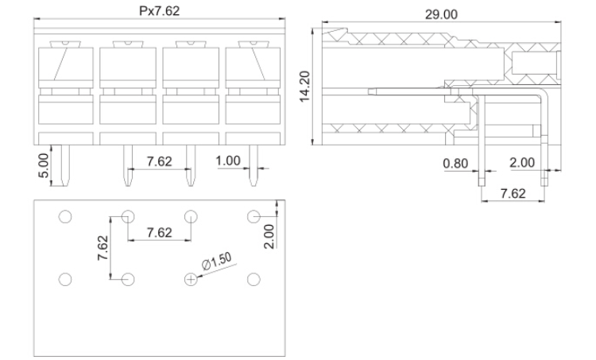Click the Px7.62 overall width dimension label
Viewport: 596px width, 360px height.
(159, 10)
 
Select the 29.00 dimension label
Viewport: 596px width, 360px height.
(441, 14)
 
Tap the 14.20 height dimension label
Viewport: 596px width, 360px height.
(305, 87)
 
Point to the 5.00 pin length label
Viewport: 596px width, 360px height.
(44, 166)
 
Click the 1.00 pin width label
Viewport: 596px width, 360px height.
(228, 161)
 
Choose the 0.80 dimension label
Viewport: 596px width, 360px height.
(455, 164)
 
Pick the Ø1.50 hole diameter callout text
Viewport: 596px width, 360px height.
(216, 261)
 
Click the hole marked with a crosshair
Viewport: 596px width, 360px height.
(191, 280)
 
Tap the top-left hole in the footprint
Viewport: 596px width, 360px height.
(65, 217)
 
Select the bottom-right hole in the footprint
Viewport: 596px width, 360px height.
(253, 280)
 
